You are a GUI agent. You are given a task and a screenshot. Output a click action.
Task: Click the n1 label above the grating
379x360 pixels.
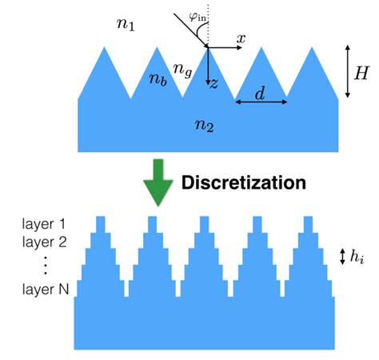tap(126, 25)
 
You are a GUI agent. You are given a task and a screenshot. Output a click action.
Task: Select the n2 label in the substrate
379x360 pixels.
tap(207, 124)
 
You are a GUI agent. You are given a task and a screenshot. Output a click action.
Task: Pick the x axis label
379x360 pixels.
tap(241, 38)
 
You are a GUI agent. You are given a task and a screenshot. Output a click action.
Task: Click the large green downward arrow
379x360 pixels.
tap(158, 183)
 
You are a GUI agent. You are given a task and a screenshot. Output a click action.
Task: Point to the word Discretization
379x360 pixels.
tap(244, 182)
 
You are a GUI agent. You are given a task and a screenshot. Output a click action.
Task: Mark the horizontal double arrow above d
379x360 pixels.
tap(261, 102)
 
